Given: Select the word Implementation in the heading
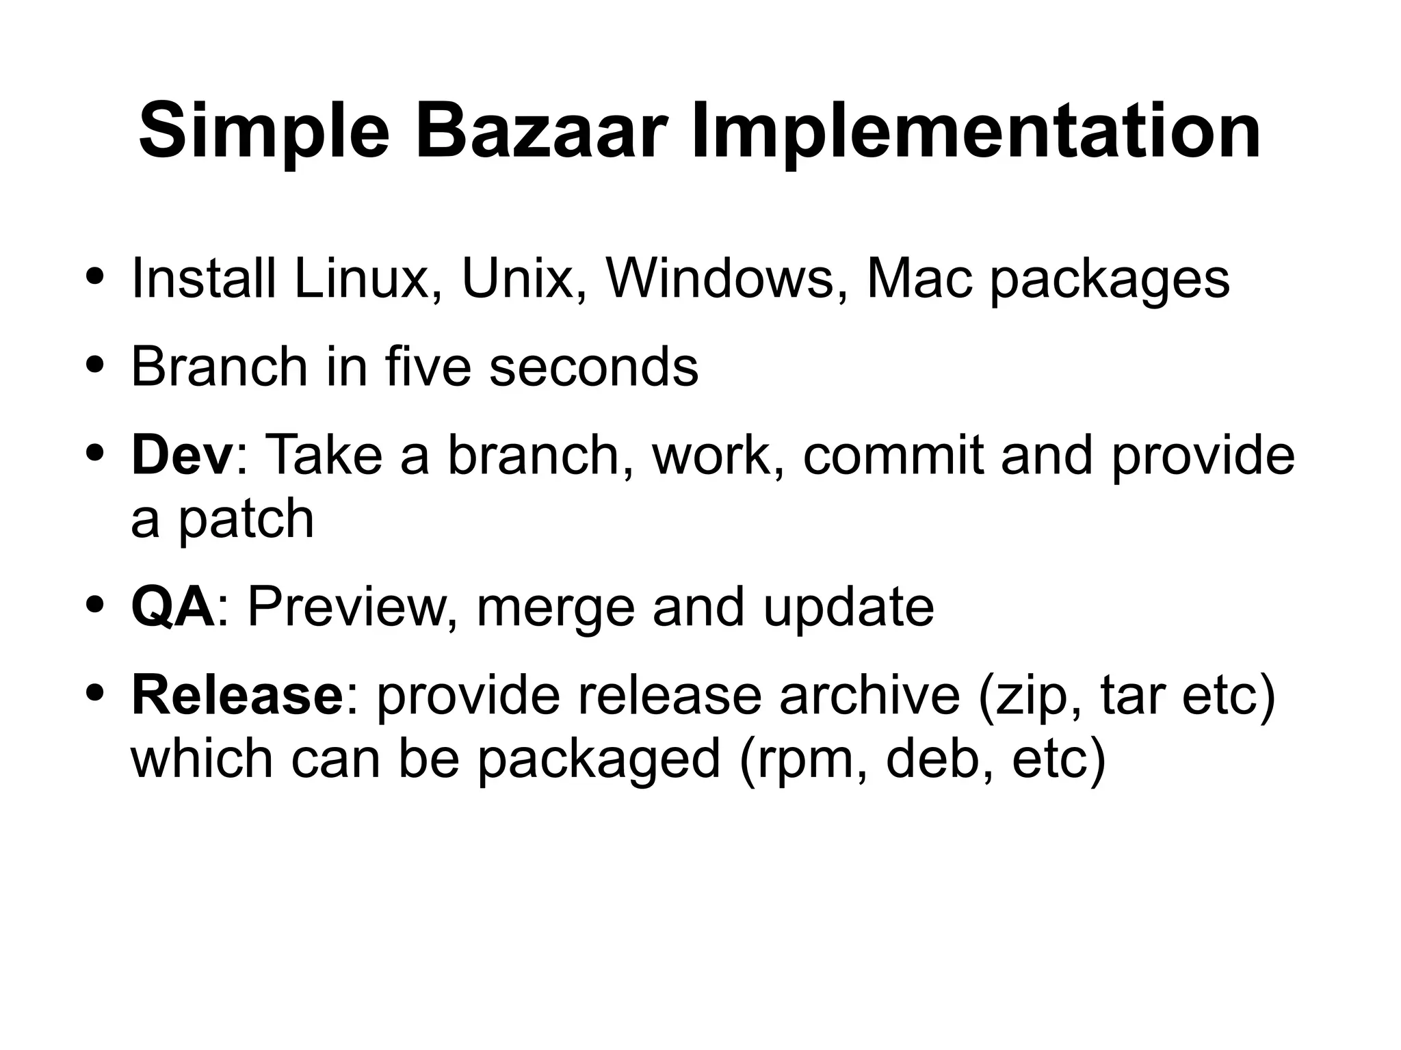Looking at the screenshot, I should tap(976, 130).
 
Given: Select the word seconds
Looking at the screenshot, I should tap(594, 367).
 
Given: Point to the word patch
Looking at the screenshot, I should tap(246, 518).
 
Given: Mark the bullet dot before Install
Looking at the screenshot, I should tap(96, 278).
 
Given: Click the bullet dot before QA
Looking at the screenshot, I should tap(96, 605).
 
